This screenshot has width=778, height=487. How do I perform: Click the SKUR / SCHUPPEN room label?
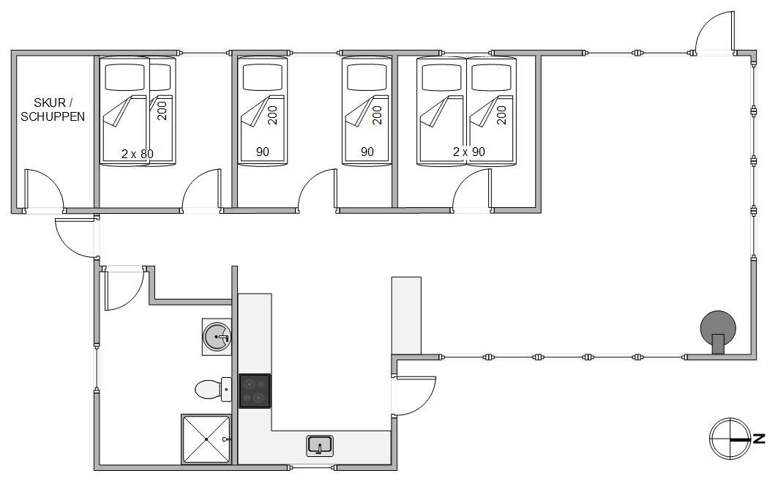point(53,110)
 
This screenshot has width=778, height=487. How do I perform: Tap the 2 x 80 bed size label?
point(138,154)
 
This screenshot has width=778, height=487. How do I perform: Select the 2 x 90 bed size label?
point(469,152)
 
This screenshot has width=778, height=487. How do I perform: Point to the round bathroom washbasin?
point(217,337)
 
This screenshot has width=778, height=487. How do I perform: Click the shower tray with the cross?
point(206,439)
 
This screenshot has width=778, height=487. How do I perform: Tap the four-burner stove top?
point(255,391)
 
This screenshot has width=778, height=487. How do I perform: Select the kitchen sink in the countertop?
point(320,445)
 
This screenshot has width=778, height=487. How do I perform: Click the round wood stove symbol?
point(718,329)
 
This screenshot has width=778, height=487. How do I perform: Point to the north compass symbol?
point(730,439)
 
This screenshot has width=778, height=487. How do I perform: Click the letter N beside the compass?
point(759,439)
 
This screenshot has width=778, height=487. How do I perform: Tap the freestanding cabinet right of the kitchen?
point(406,316)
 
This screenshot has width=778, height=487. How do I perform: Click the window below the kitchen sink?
point(312,467)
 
